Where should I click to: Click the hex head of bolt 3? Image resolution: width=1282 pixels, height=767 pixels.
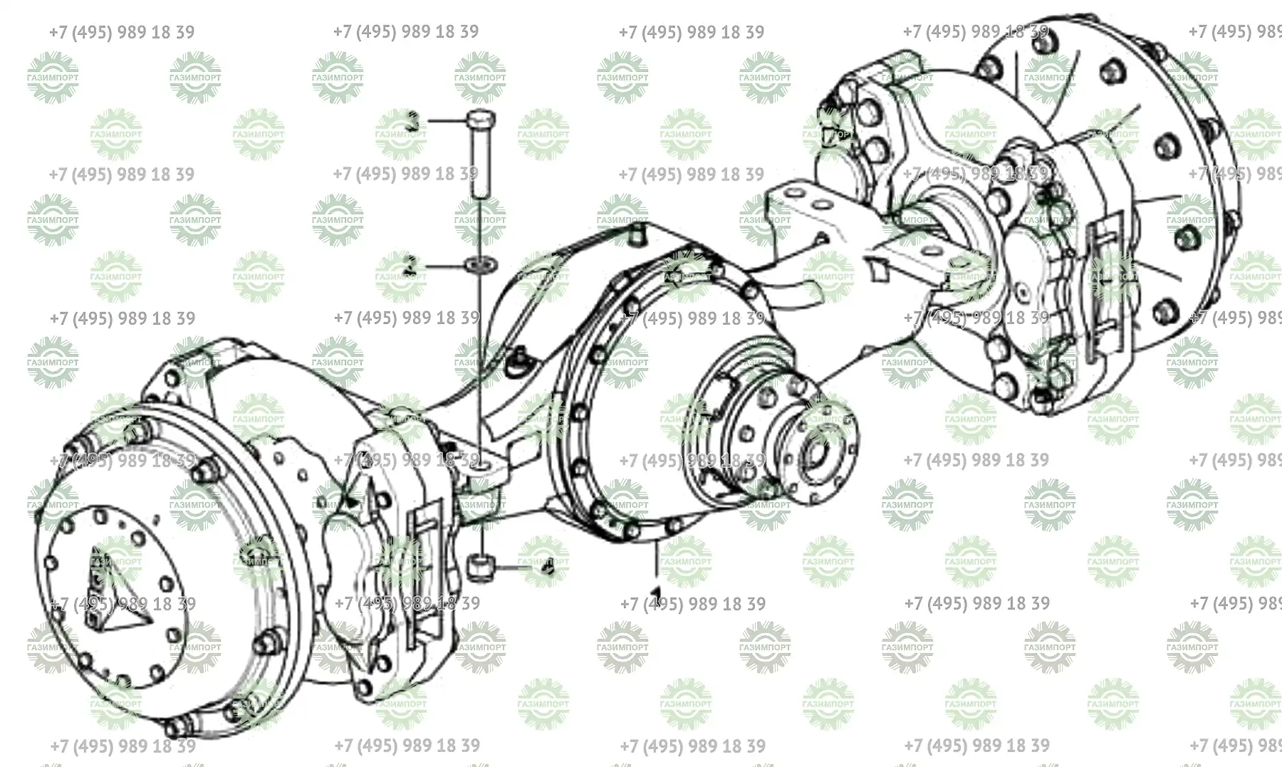click(480, 120)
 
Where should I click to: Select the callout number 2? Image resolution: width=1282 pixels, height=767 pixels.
click(410, 266)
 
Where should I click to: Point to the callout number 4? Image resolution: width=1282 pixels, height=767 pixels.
click(547, 568)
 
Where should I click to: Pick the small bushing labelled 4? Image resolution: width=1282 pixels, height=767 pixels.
click(481, 568)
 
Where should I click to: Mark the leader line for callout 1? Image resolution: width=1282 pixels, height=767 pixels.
click(656, 563)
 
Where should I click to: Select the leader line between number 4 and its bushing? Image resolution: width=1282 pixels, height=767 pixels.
click(516, 568)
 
